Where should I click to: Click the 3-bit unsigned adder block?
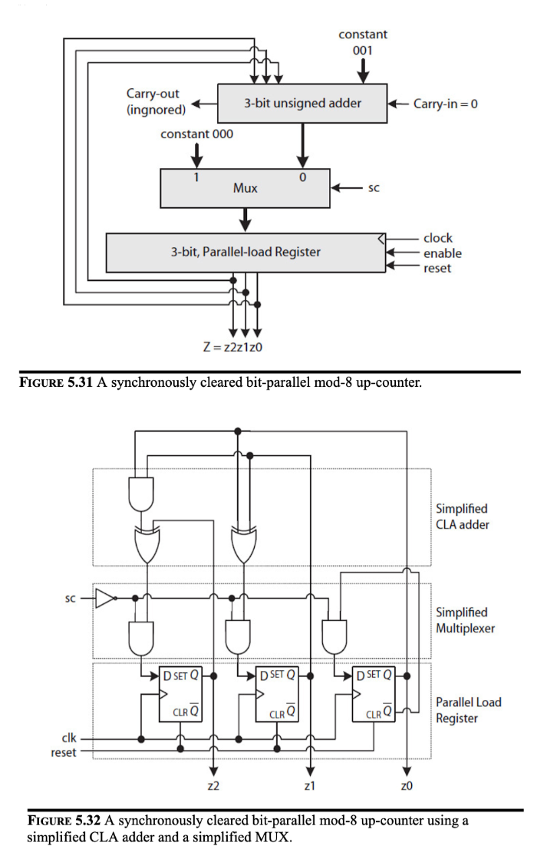[302, 103]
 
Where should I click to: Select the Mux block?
[245, 188]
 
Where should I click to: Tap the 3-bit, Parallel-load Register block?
[245, 252]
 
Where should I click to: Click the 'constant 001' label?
[363, 41]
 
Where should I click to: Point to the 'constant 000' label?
[197, 134]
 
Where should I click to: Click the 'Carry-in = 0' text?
[446, 104]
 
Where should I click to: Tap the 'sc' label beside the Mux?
[374, 187]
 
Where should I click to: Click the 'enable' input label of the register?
[442, 253]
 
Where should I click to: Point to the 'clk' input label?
[69, 738]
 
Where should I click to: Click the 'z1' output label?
[310, 785]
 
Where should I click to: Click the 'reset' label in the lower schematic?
[64, 752]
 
